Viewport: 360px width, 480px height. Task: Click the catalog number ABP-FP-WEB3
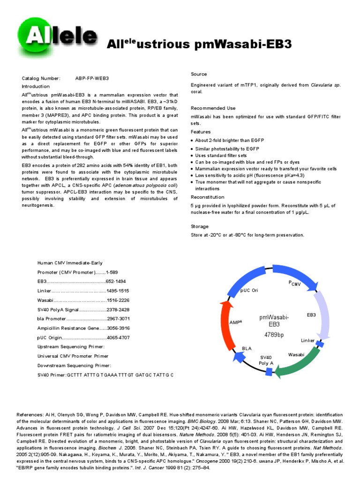tap(95, 78)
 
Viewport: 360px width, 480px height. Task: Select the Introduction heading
tap(36, 87)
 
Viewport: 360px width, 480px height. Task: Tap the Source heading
tap(199, 74)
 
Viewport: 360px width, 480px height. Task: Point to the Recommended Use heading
tap(212, 108)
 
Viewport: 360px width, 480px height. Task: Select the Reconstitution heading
tap(208, 197)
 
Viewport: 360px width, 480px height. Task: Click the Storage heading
tap(200, 226)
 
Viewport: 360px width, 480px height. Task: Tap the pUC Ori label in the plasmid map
tap(249, 291)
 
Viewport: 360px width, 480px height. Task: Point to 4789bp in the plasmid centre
tap(274, 335)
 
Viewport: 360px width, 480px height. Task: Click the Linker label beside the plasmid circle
tap(308, 340)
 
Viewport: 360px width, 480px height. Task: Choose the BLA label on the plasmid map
tap(247, 348)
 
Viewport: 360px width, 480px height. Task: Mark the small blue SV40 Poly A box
tap(269, 371)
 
